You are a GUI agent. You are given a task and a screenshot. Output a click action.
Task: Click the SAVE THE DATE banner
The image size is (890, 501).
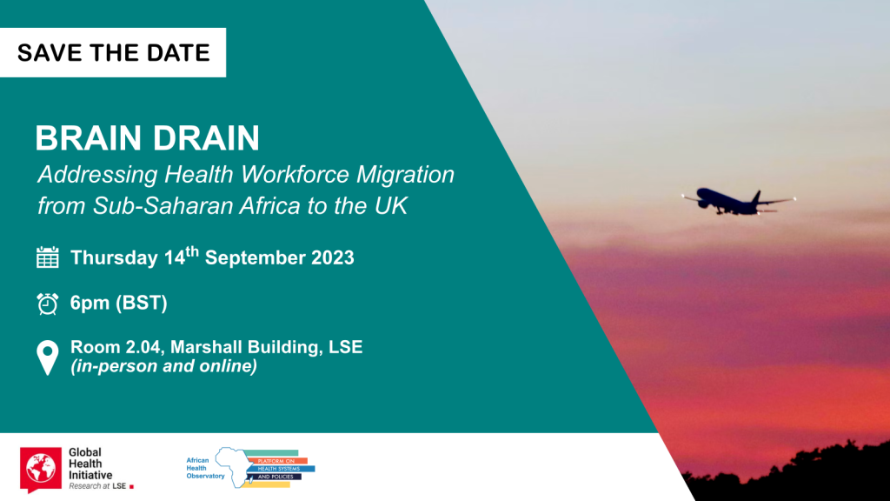pos(113,52)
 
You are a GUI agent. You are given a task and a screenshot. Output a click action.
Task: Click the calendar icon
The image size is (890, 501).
pos(47,257)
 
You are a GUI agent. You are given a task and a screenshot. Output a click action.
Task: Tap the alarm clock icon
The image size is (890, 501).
pos(47,304)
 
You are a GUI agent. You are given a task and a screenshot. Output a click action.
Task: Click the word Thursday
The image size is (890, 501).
pos(114,258)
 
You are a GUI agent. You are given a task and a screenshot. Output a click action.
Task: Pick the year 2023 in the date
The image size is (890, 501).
pos(329,258)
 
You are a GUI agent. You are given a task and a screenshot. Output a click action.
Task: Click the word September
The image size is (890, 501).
pos(251,258)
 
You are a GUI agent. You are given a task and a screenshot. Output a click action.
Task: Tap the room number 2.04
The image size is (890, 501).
pos(140,347)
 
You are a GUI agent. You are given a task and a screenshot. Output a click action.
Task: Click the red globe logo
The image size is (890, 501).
pos(38,468)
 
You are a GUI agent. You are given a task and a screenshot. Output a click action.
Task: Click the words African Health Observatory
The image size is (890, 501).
pos(205,467)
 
